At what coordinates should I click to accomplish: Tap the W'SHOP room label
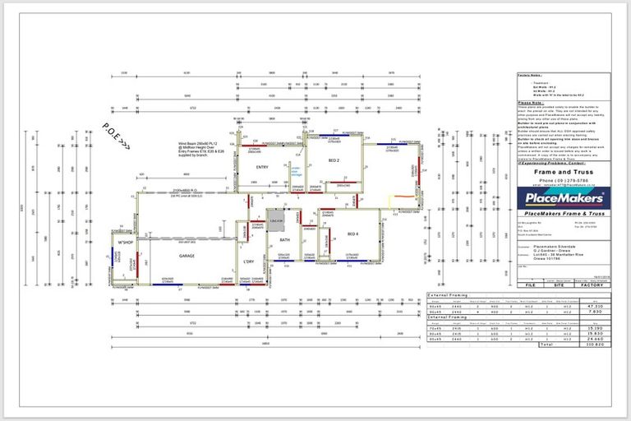126,243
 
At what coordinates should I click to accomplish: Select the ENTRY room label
262,165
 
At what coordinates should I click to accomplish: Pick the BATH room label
285,240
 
